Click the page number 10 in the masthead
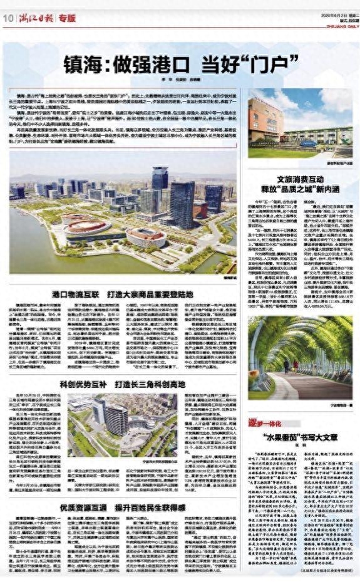tap(8, 18)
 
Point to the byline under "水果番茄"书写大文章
tap(303, 432)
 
